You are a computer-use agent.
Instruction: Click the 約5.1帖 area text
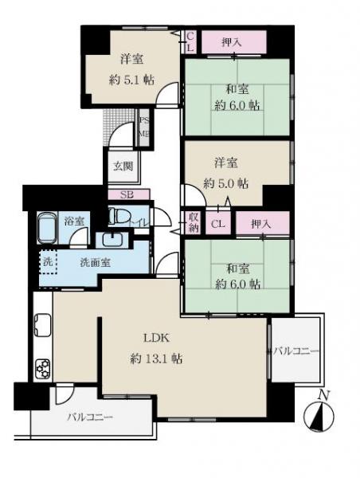point(132,79)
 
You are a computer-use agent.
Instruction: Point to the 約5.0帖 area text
point(225,182)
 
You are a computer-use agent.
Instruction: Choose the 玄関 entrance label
point(123,167)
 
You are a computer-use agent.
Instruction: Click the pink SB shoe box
point(126,194)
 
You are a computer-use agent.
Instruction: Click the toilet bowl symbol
point(117,216)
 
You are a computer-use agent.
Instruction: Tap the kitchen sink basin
point(42,324)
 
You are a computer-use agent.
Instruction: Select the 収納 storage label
point(193,222)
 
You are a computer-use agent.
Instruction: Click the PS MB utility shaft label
point(144,127)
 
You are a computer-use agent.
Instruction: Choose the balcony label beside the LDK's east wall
point(296,351)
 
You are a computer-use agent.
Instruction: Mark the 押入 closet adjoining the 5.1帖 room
point(231,41)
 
